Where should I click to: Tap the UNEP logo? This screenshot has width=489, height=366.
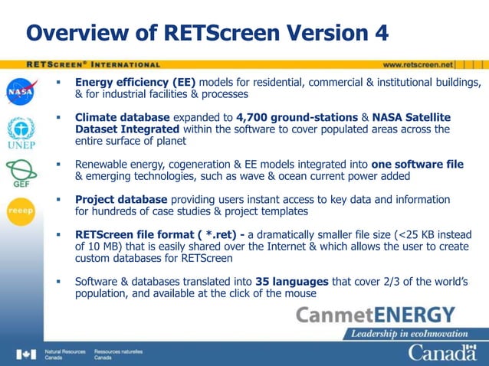[21, 131]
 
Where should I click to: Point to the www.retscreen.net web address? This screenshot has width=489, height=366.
[418, 64]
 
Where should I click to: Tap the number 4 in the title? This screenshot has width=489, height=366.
[379, 33]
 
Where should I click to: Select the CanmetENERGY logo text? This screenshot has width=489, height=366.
[375, 315]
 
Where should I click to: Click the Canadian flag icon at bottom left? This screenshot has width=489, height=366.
[26, 354]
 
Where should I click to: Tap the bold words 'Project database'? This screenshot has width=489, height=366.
[114, 199]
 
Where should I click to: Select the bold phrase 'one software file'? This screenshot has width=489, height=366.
[417, 164]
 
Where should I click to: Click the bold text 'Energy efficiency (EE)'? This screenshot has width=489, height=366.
[135, 82]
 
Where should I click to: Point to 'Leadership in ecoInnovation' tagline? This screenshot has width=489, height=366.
[409, 334]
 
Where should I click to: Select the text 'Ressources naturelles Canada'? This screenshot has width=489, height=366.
[118, 354]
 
